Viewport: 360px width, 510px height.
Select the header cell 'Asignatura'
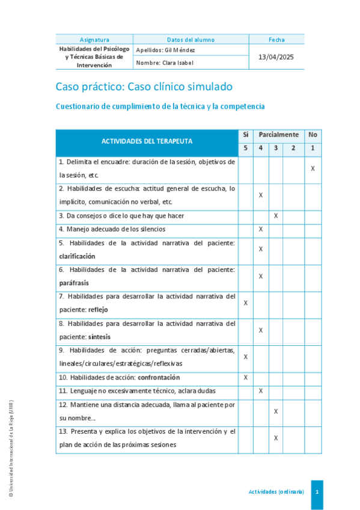(x=94, y=40)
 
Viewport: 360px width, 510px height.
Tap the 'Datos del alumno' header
(x=191, y=40)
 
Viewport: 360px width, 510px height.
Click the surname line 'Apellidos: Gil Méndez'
(x=166, y=51)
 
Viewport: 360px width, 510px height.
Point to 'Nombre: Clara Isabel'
(x=165, y=63)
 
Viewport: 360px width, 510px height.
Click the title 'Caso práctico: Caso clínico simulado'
(x=144, y=87)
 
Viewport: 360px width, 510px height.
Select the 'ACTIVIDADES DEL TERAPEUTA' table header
(x=147, y=141)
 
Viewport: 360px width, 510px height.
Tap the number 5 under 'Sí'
(x=245, y=149)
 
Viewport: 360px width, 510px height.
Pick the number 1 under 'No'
(x=313, y=149)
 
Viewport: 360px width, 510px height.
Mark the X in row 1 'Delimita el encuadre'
(x=313, y=169)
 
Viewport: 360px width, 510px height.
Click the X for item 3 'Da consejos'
(x=276, y=215)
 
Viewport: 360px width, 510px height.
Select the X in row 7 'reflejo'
(x=245, y=303)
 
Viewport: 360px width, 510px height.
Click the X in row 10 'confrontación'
(x=245, y=378)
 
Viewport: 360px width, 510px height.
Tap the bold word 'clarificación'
(x=77, y=256)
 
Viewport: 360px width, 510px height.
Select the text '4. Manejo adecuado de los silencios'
(x=103, y=229)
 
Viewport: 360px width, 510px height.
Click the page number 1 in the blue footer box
(x=317, y=491)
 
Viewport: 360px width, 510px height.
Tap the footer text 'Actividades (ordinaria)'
(x=276, y=491)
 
